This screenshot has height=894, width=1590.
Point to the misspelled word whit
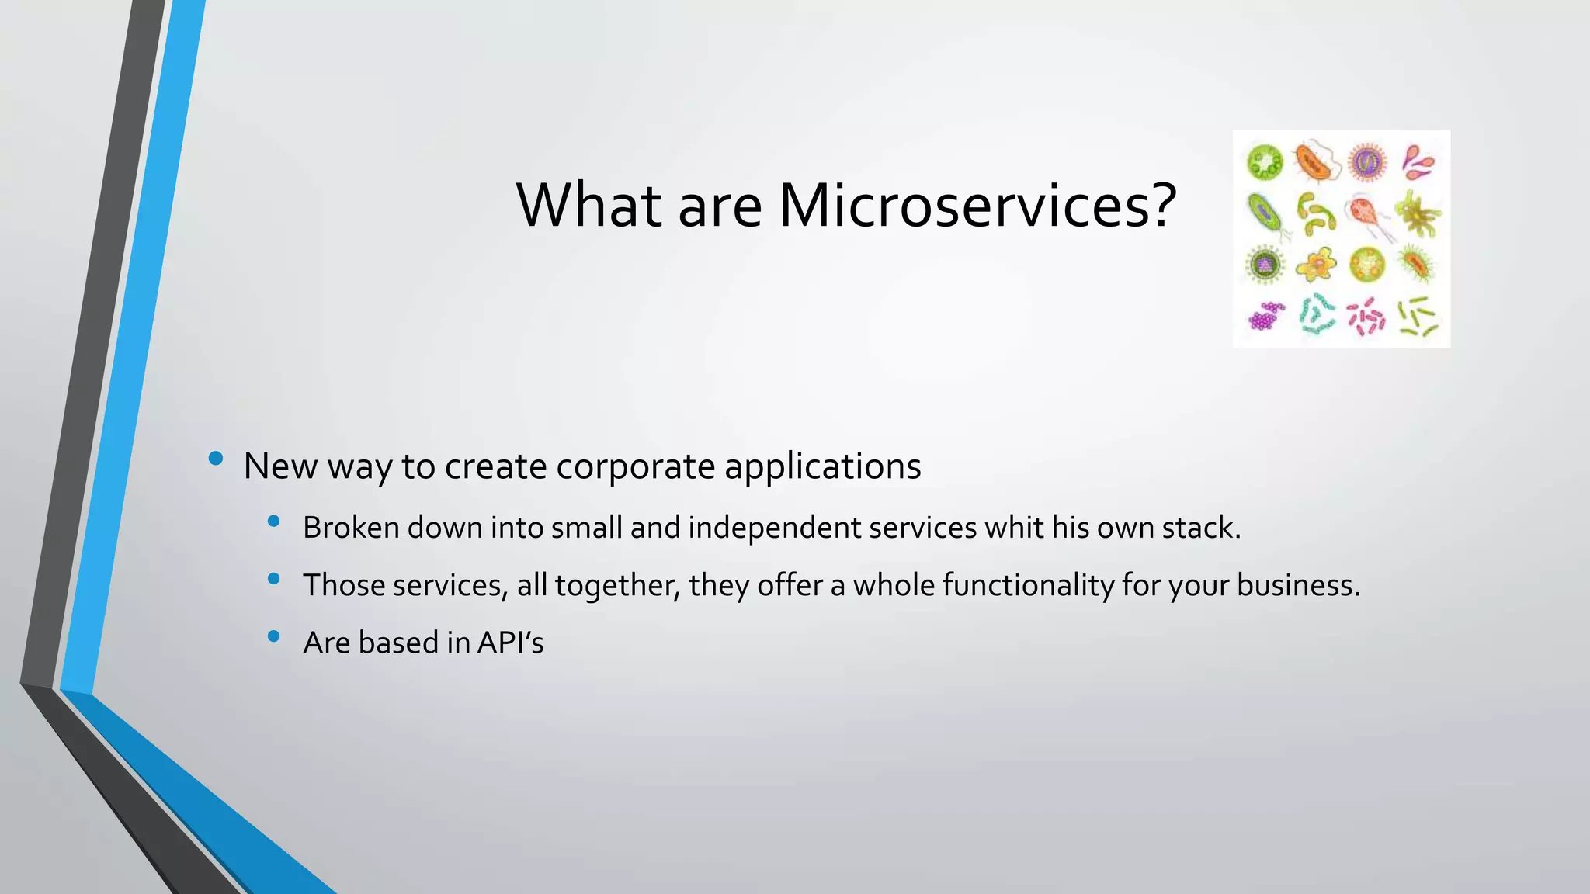[x=1014, y=528]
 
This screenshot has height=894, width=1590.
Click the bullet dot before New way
[x=216, y=459]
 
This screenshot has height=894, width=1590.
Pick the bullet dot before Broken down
[x=273, y=521]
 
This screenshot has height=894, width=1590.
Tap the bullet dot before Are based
[x=273, y=636]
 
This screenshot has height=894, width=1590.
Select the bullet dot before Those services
[x=273, y=579]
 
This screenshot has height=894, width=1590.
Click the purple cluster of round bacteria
[x=1265, y=316]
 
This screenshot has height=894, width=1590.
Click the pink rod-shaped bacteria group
[x=1366, y=317]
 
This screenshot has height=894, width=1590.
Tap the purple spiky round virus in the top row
[x=1366, y=162]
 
